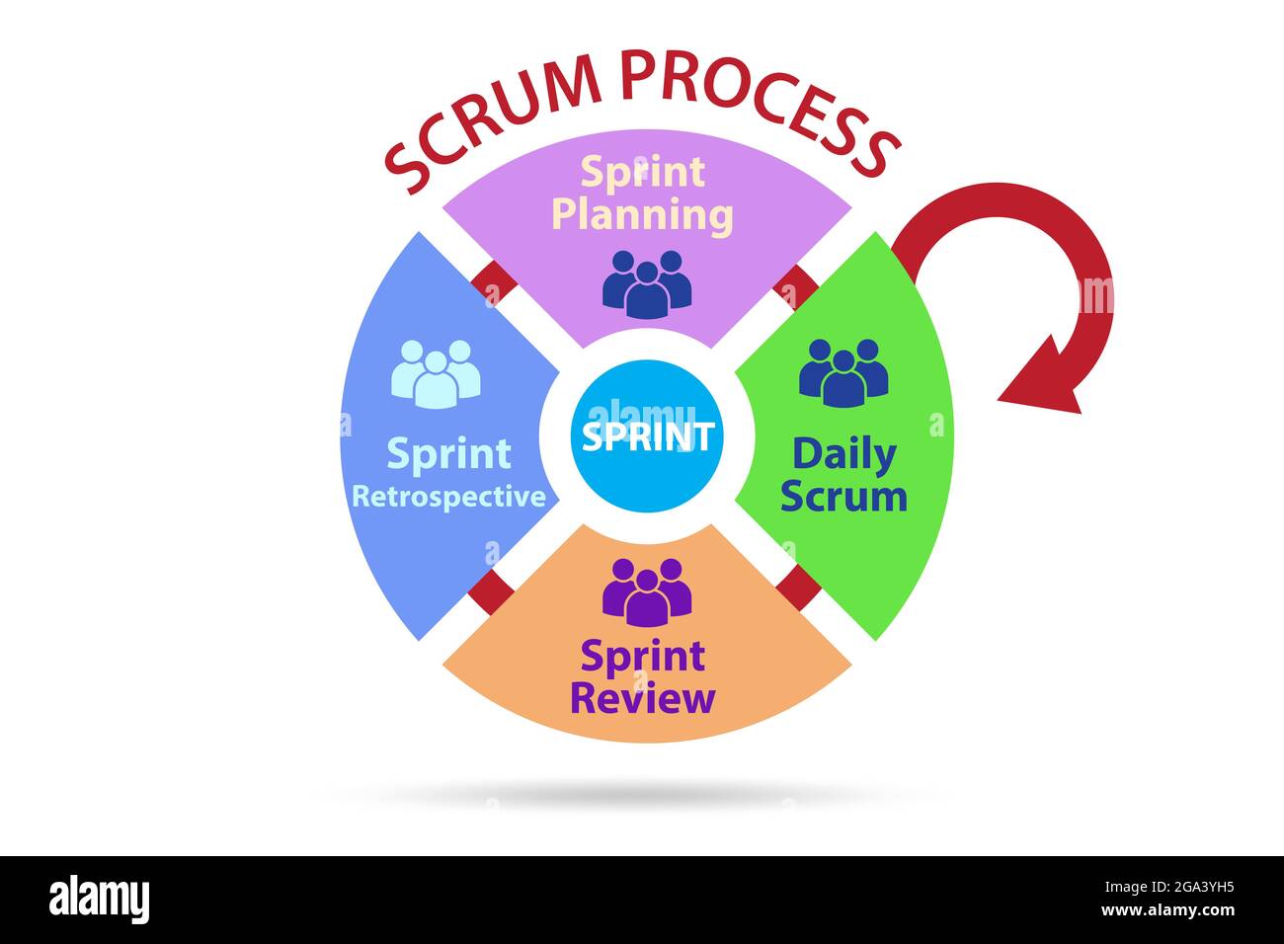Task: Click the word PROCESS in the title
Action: (761, 104)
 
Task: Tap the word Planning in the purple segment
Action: (642, 214)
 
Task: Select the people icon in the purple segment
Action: (647, 283)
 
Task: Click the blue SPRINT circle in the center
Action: (647, 435)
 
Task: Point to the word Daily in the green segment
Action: (843, 454)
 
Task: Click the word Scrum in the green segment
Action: (843, 496)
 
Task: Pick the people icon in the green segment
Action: (843, 372)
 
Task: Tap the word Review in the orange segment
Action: (642, 698)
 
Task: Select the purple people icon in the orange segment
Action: (647, 591)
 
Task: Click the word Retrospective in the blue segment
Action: (448, 496)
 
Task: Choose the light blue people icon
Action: (436, 373)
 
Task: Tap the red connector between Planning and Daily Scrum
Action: (796, 286)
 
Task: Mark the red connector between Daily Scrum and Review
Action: (798, 588)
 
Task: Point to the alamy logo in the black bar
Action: (100, 900)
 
